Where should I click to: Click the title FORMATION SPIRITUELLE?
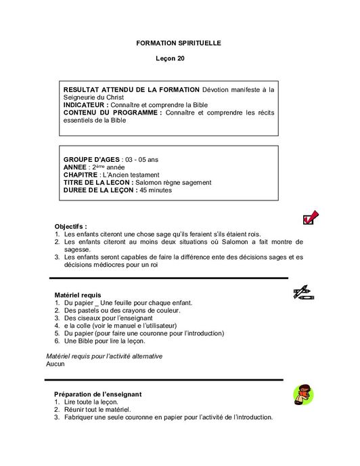click(x=179, y=43)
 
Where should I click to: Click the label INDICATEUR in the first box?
click(x=85, y=105)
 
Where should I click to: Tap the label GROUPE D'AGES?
click(x=91, y=159)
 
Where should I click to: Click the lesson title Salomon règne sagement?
click(x=173, y=182)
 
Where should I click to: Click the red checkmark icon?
click(x=311, y=217)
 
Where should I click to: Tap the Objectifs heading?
click(x=70, y=226)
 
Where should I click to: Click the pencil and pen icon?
click(x=302, y=293)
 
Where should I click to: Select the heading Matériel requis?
click(x=77, y=295)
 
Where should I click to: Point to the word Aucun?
click(x=55, y=364)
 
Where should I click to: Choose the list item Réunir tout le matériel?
click(x=97, y=410)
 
